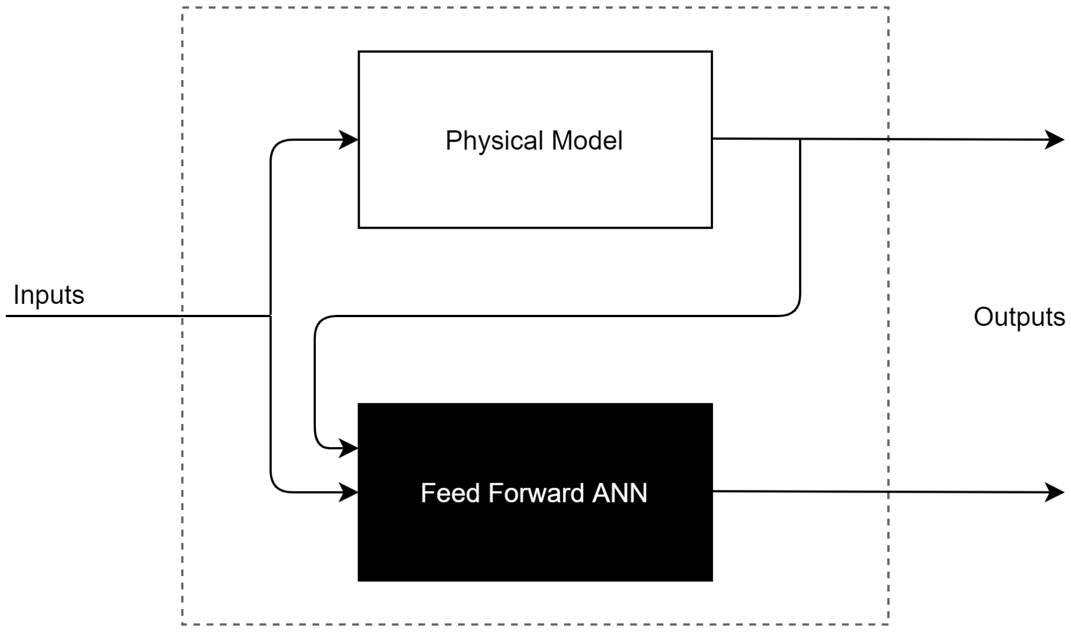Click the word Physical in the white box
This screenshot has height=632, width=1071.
(x=494, y=141)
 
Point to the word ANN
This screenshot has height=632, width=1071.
(x=620, y=493)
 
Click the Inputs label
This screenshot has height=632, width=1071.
(x=48, y=295)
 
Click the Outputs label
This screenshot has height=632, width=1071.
(x=1019, y=317)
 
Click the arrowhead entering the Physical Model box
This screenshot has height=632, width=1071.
(x=349, y=140)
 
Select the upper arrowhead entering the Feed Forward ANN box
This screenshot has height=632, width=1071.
(x=349, y=448)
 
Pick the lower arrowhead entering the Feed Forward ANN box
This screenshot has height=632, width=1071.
(x=349, y=492)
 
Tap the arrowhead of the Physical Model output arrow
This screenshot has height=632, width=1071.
(x=1055, y=140)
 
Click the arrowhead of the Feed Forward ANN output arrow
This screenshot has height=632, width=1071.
(x=1055, y=492)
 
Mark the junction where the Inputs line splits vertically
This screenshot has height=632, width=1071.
(x=271, y=316)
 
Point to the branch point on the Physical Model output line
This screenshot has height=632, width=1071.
(x=800, y=139)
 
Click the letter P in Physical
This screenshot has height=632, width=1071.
(x=452, y=140)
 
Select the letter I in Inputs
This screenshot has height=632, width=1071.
(x=16, y=295)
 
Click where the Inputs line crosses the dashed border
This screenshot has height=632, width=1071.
(x=183, y=316)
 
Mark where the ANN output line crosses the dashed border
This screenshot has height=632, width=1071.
(x=888, y=492)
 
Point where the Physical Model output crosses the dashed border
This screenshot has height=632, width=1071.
(x=888, y=139)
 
